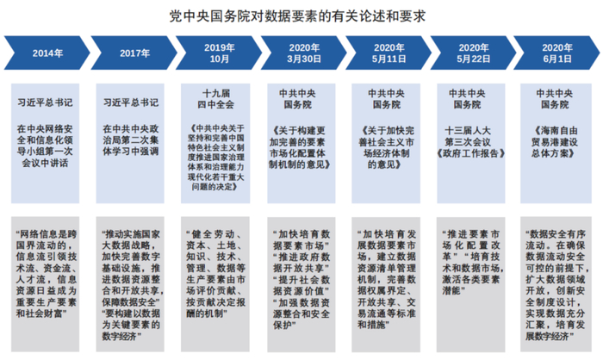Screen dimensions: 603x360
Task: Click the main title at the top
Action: click(301, 16)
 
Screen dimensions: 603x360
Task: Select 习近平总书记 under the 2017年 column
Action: click(130, 101)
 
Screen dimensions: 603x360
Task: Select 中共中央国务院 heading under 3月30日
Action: click(303, 97)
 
